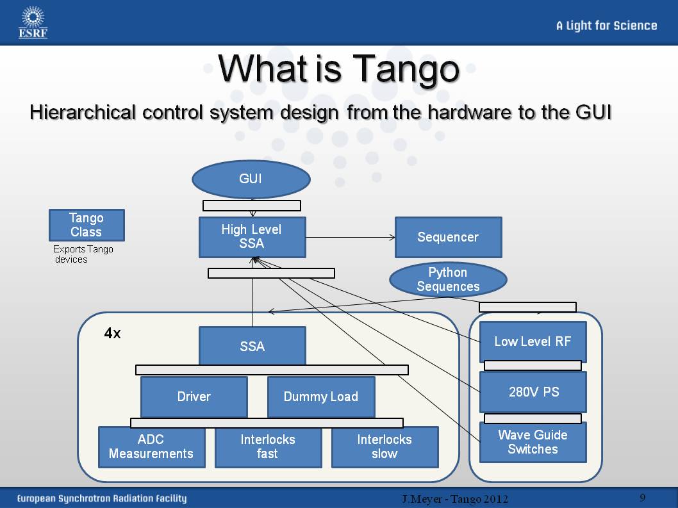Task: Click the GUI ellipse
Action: (251, 179)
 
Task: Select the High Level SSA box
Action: (252, 237)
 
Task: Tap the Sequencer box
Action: (448, 237)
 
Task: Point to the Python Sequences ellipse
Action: (448, 280)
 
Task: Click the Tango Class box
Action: (87, 225)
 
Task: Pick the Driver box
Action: (194, 397)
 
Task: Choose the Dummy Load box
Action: (320, 397)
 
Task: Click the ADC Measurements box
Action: (151, 447)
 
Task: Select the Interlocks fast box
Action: (268, 447)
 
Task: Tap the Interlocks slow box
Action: (384, 447)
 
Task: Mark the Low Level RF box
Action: (533, 341)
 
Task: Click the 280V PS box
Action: (533, 391)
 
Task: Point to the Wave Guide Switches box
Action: (533, 442)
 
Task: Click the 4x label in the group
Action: (112, 334)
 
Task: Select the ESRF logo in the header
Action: (33, 22)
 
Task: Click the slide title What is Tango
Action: (338, 69)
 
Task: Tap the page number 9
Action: (642, 498)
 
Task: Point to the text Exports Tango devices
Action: (83, 254)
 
